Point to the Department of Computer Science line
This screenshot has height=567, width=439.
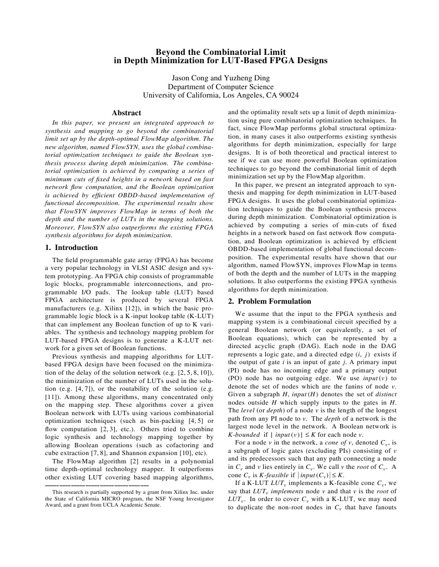point(220,86)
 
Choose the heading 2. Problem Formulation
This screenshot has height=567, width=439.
point(270,301)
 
